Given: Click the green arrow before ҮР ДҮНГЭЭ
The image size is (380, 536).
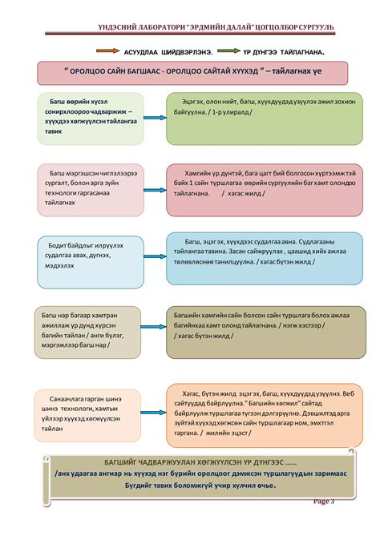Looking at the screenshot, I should coord(232,50).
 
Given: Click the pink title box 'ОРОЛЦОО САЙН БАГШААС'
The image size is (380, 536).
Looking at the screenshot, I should coord(193,72).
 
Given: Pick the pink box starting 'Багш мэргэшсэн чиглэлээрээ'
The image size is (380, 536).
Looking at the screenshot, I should coord(89,190).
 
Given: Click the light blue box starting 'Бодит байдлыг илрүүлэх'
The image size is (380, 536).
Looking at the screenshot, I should coord(90,260).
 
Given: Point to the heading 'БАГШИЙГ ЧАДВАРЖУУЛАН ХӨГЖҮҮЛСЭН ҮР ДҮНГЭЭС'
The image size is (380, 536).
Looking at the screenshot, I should coord(189,463).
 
